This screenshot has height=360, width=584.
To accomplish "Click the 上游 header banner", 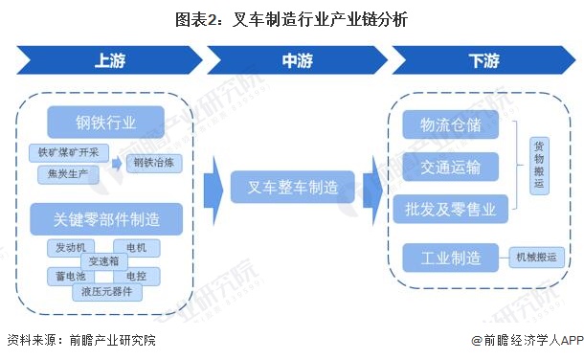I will [107, 59].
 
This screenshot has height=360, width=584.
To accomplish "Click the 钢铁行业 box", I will [106, 122].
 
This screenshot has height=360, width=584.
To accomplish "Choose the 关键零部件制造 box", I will [106, 219].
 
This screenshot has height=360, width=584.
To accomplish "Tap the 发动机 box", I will [70, 248].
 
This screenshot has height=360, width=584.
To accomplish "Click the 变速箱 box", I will [102, 261].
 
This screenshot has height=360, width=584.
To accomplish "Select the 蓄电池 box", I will [70, 276].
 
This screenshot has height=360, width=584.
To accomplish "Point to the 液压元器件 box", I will [106, 290].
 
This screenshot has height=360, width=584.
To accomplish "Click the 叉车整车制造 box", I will [292, 188].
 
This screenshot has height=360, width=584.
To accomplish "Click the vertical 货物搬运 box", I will [540, 165].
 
